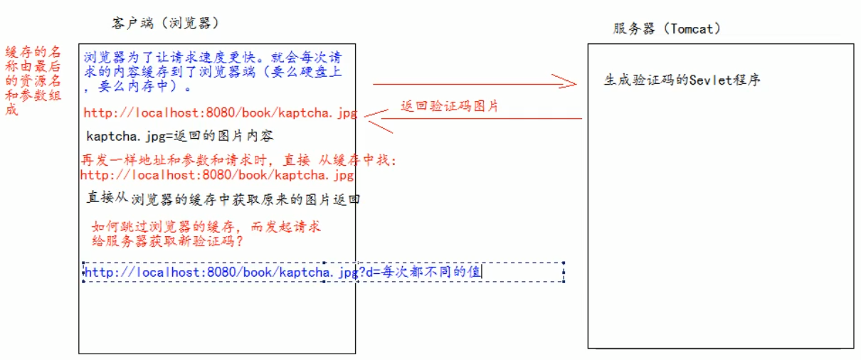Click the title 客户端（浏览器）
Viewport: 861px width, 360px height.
(x=164, y=23)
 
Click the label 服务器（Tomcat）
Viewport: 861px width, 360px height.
(x=667, y=28)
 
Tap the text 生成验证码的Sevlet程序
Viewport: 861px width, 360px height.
(x=682, y=80)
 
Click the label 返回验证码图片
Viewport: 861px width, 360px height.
(x=449, y=106)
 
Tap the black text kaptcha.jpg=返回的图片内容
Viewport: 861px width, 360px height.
(x=180, y=135)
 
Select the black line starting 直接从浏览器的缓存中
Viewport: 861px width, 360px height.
(x=223, y=199)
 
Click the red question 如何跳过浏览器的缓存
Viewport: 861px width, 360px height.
(x=206, y=227)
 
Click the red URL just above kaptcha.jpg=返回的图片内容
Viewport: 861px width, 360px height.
(x=220, y=112)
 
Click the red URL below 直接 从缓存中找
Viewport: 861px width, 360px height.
(x=217, y=175)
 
